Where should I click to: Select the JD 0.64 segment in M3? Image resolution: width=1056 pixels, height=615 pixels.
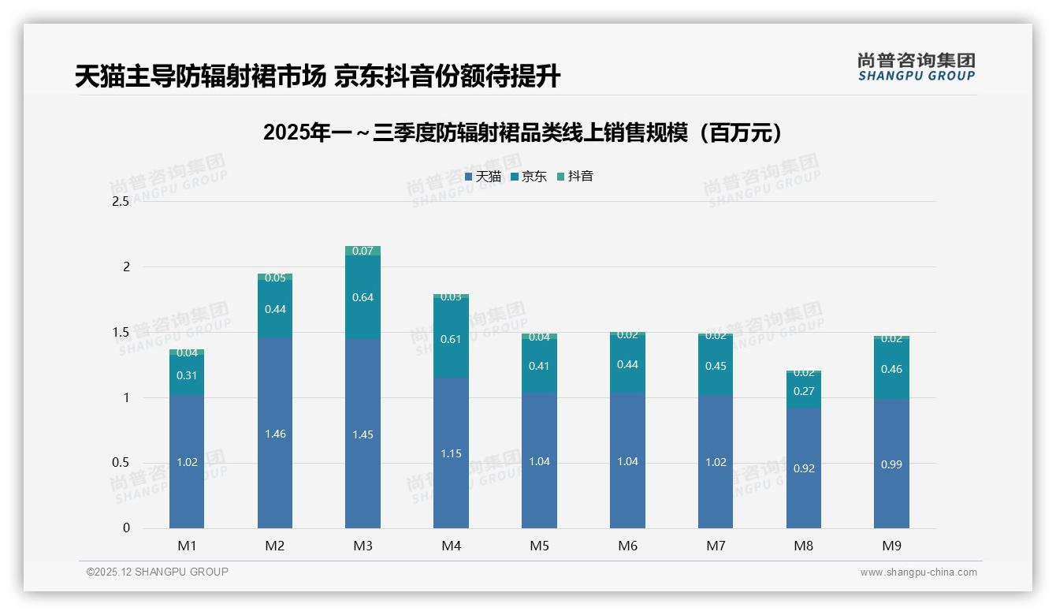click(363, 297)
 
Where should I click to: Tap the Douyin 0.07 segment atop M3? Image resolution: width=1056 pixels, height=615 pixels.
click(363, 251)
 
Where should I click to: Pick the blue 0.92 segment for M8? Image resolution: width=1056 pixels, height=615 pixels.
click(804, 468)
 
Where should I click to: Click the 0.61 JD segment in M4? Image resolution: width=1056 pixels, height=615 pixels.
click(451, 338)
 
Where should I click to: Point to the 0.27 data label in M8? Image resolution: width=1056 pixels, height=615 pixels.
click(804, 391)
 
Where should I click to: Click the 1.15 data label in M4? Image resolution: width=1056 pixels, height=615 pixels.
click(451, 453)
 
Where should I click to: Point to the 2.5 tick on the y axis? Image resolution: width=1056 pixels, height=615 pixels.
click(121, 202)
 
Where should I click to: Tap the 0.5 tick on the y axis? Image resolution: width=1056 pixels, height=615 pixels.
click(121, 463)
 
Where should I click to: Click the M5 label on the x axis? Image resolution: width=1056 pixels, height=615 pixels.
click(539, 546)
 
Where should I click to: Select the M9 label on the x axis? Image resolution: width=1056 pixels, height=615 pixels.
click(891, 546)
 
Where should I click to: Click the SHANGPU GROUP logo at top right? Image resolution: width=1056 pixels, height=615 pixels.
click(916, 67)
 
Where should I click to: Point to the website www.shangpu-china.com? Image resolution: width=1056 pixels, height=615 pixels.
click(918, 572)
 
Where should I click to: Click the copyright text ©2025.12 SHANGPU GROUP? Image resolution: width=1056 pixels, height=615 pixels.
click(158, 572)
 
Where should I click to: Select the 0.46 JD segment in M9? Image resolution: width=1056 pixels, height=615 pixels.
click(891, 369)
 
